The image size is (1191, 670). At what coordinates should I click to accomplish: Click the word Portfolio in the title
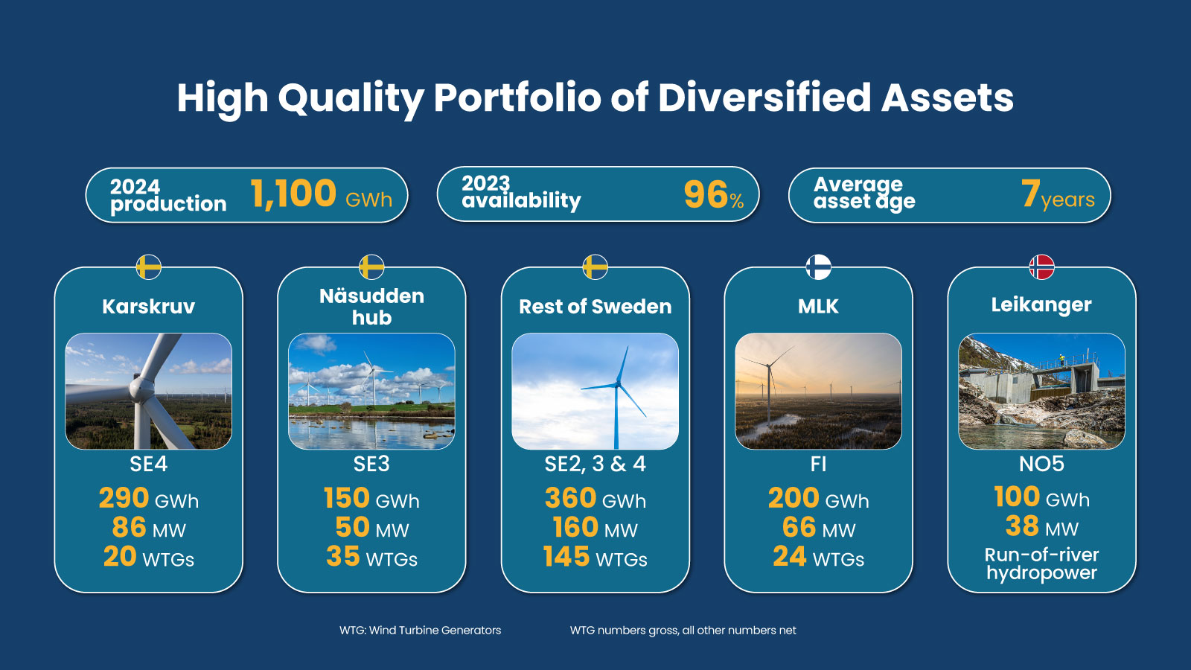pos(516,98)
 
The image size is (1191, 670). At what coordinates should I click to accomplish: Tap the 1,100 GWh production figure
pos(320,195)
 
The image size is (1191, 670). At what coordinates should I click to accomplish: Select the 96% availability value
pos(713,196)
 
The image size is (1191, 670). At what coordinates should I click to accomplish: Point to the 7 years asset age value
pos(1057,196)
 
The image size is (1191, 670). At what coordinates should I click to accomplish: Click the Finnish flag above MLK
pos(818,267)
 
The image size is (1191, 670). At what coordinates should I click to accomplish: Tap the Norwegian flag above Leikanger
pos(1041,267)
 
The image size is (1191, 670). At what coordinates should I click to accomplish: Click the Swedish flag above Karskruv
pos(149,267)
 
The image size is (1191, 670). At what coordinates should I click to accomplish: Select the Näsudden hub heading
pos(371,307)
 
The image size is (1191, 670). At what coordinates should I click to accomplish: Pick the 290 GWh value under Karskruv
pos(149,498)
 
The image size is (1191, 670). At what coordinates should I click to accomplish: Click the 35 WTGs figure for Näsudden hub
pos(371,557)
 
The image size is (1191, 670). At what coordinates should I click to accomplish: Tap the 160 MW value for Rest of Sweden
pos(595,528)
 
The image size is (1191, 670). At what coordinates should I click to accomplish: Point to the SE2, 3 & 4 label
pos(595,465)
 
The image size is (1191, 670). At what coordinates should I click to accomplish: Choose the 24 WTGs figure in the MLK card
pos(818,557)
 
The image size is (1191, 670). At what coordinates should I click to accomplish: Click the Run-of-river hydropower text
pos(1041,564)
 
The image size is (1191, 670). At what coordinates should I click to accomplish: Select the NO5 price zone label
pos(1041,465)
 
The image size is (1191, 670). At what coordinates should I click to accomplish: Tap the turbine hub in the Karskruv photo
pos(140,388)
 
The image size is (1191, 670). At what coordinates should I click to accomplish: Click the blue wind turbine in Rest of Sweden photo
pos(617,391)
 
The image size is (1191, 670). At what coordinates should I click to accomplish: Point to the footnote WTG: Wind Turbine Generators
pos(420,631)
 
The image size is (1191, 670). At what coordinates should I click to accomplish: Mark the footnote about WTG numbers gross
pos(683,631)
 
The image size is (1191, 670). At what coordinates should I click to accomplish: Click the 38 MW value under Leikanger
pos(1041,527)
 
